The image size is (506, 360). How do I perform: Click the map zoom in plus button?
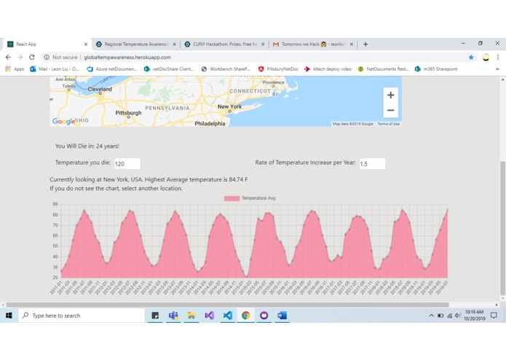[x=390, y=95]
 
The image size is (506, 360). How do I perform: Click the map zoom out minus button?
[x=390, y=111]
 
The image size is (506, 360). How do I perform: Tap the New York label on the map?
[x=229, y=106]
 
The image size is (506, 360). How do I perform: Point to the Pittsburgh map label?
[x=128, y=113]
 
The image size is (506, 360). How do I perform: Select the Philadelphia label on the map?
[x=210, y=123]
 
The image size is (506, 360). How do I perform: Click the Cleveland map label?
[x=100, y=89]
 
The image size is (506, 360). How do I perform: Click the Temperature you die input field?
[x=127, y=164]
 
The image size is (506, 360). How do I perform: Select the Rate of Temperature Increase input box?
[x=372, y=164]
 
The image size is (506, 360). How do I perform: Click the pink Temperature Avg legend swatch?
[x=232, y=198]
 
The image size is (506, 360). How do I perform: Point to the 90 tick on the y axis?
[x=55, y=204]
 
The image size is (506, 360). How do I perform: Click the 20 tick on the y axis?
[x=55, y=278]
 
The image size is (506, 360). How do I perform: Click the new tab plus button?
[x=365, y=44]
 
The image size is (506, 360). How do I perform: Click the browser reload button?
[x=32, y=57]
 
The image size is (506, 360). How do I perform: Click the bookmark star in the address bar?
[x=471, y=57]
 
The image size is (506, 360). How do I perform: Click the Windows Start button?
[x=9, y=316]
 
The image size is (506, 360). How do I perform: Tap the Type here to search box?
[x=80, y=316]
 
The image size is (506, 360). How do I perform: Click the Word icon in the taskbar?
[x=282, y=316]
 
